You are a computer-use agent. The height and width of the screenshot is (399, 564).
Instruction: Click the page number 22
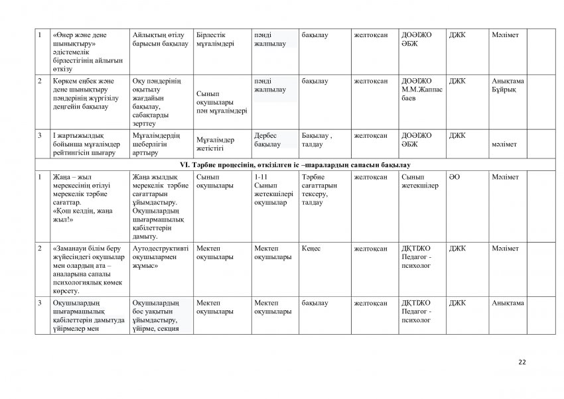[522, 361]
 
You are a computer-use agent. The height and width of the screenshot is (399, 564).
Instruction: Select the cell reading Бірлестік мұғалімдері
[220, 39]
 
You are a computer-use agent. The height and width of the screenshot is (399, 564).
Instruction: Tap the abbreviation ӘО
[455, 178]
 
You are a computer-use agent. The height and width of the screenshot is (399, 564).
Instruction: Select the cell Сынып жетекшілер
[420, 182]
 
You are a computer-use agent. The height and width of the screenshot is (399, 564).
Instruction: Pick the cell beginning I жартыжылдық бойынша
[84, 144]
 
